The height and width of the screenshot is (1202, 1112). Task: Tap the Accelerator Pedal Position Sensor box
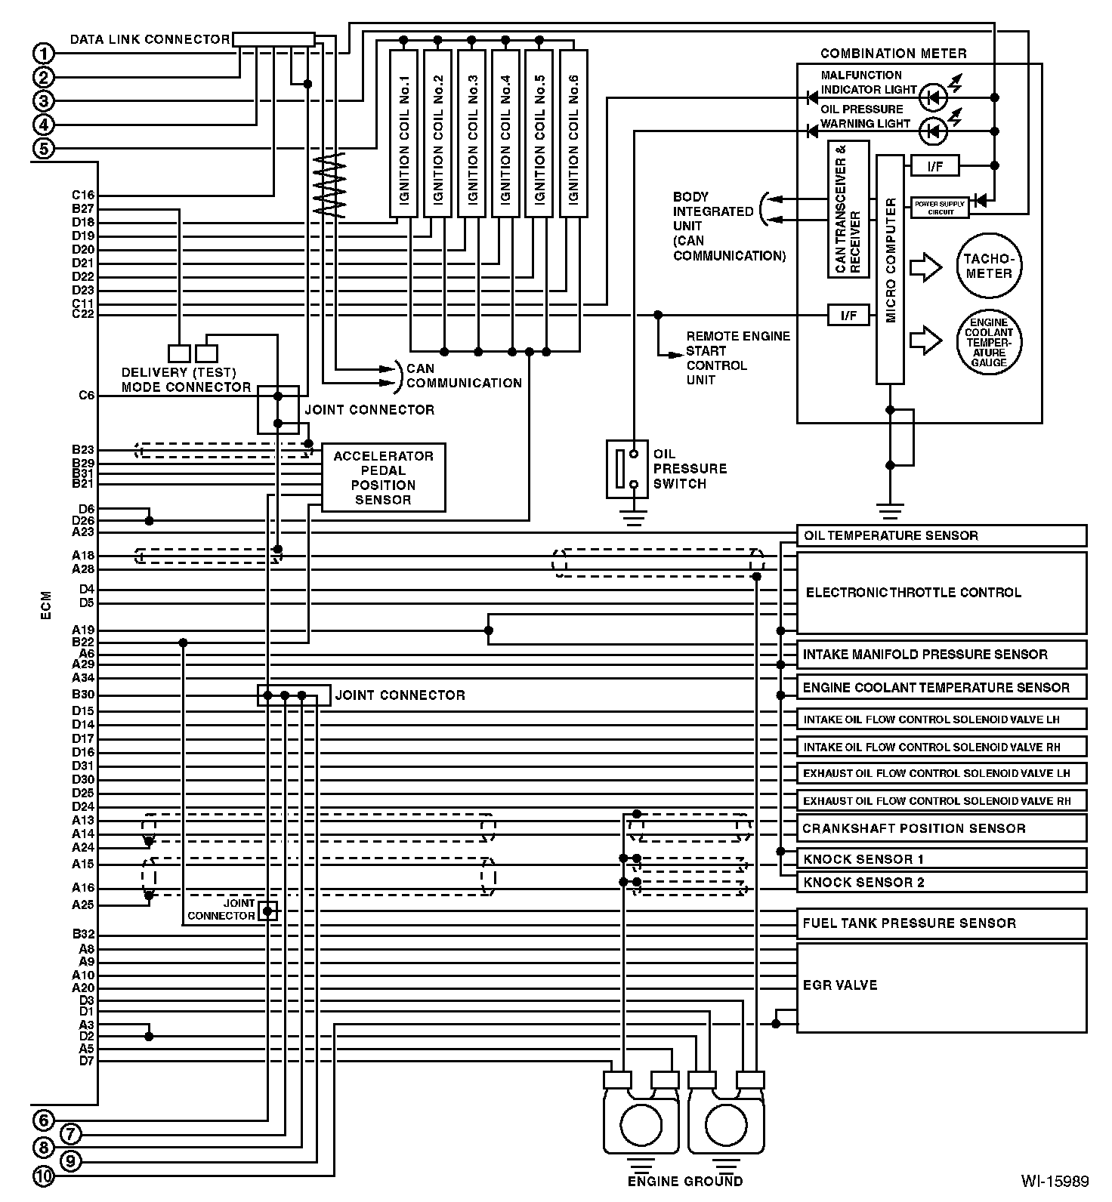click(383, 478)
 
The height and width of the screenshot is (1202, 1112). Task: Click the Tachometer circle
click(989, 266)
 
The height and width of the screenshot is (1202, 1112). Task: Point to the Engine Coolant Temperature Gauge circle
click(989, 342)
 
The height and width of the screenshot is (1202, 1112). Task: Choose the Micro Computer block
click(890, 270)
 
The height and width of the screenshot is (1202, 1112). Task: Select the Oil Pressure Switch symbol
click(627, 469)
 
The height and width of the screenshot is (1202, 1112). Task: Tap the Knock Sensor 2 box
click(941, 882)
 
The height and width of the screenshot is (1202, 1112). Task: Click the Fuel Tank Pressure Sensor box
click(941, 923)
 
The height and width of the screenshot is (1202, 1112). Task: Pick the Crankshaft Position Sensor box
click(941, 828)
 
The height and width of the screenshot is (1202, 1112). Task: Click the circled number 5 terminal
click(44, 149)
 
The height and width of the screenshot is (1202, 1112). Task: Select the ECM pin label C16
click(83, 196)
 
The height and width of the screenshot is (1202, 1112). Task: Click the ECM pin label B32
click(83, 935)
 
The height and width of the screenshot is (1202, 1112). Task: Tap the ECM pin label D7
click(86, 1062)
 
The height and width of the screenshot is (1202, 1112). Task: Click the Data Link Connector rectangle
click(273, 39)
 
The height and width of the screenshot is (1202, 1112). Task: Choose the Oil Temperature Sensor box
click(941, 535)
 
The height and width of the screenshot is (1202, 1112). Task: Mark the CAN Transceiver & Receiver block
click(848, 209)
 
